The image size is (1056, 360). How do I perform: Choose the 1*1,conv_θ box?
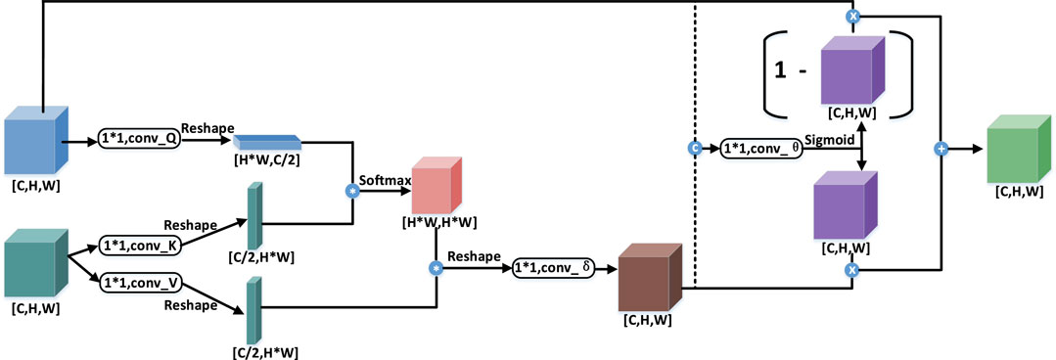[758, 149]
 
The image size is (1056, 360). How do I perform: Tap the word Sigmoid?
[830, 139]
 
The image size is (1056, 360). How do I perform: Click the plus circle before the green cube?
[941, 149]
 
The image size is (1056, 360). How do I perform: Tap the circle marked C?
[694, 149]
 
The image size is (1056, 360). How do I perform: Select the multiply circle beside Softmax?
[352, 189]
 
